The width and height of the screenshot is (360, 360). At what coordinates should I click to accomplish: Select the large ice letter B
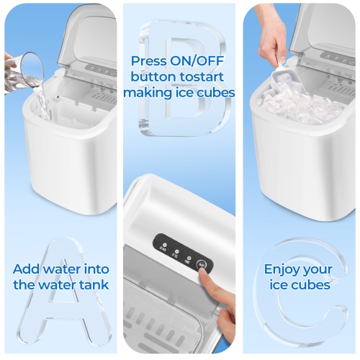tap(180, 79)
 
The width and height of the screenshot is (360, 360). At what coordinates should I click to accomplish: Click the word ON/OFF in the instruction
tap(194, 61)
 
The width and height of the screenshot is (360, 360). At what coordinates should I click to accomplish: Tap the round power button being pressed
tap(202, 264)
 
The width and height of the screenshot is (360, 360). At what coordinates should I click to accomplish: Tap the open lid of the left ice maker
tap(90, 36)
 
